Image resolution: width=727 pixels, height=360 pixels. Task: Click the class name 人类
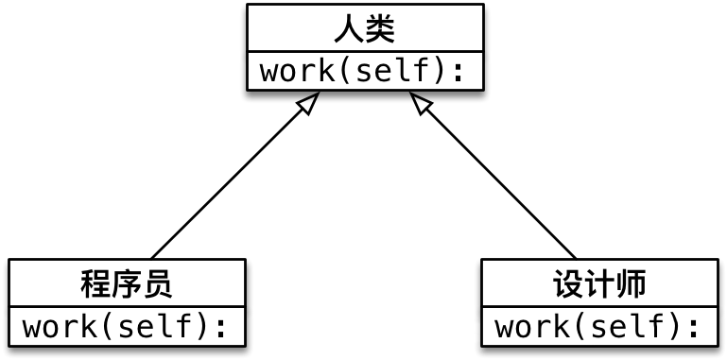click(x=365, y=29)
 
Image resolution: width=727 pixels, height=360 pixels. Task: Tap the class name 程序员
click(x=128, y=283)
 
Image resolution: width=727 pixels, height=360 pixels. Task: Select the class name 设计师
click(x=599, y=283)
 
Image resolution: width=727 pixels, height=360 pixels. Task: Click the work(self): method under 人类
click(x=365, y=72)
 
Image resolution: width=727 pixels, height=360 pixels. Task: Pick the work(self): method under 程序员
click(x=128, y=327)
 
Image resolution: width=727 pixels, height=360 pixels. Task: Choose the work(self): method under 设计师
click(x=599, y=327)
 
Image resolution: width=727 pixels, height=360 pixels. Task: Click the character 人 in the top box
click(x=349, y=29)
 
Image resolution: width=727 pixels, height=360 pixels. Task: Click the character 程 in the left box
click(x=96, y=283)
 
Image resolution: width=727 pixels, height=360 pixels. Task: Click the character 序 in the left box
click(x=128, y=283)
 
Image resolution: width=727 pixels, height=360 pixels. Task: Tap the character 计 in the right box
click(x=599, y=283)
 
